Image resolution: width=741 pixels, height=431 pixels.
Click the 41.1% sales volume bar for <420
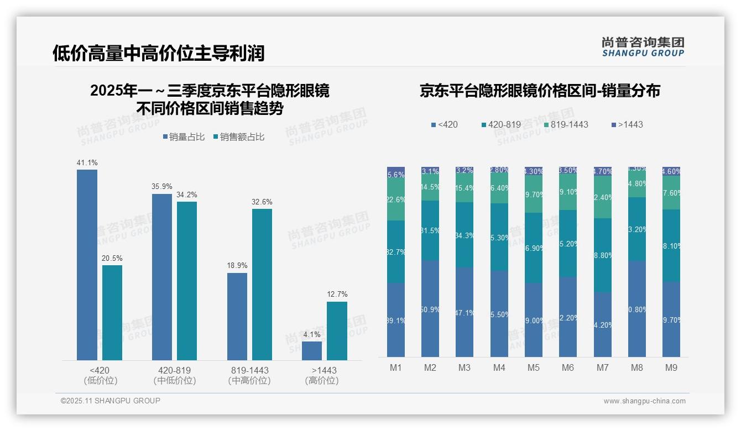[x=87, y=265]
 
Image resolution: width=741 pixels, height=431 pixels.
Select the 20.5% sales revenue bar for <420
[x=112, y=313]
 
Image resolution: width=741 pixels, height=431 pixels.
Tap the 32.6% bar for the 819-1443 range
[x=262, y=285]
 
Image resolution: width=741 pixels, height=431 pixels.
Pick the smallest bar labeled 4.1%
[x=312, y=351]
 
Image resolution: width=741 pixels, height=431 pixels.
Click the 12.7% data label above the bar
[x=337, y=295]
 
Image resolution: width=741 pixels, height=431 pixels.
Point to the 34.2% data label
[x=187, y=195]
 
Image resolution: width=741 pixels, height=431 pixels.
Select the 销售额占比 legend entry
[x=238, y=137]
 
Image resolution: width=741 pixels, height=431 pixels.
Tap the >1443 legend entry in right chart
[x=627, y=124]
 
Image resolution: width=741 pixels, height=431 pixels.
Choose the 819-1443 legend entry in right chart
[x=565, y=124]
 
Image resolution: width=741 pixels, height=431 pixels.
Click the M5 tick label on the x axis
[x=533, y=367]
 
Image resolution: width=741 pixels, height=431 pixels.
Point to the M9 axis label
[x=671, y=367]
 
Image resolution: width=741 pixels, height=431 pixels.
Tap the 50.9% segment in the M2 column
[x=430, y=309]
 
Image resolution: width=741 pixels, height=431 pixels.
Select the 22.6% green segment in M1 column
[x=396, y=200]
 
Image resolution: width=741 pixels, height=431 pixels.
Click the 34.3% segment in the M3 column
[x=465, y=235]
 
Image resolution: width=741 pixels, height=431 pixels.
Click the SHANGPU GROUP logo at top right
[x=643, y=47]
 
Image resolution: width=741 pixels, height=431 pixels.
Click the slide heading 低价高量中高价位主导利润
[x=159, y=53]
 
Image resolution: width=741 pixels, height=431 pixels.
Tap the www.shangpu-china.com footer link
[x=644, y=401]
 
